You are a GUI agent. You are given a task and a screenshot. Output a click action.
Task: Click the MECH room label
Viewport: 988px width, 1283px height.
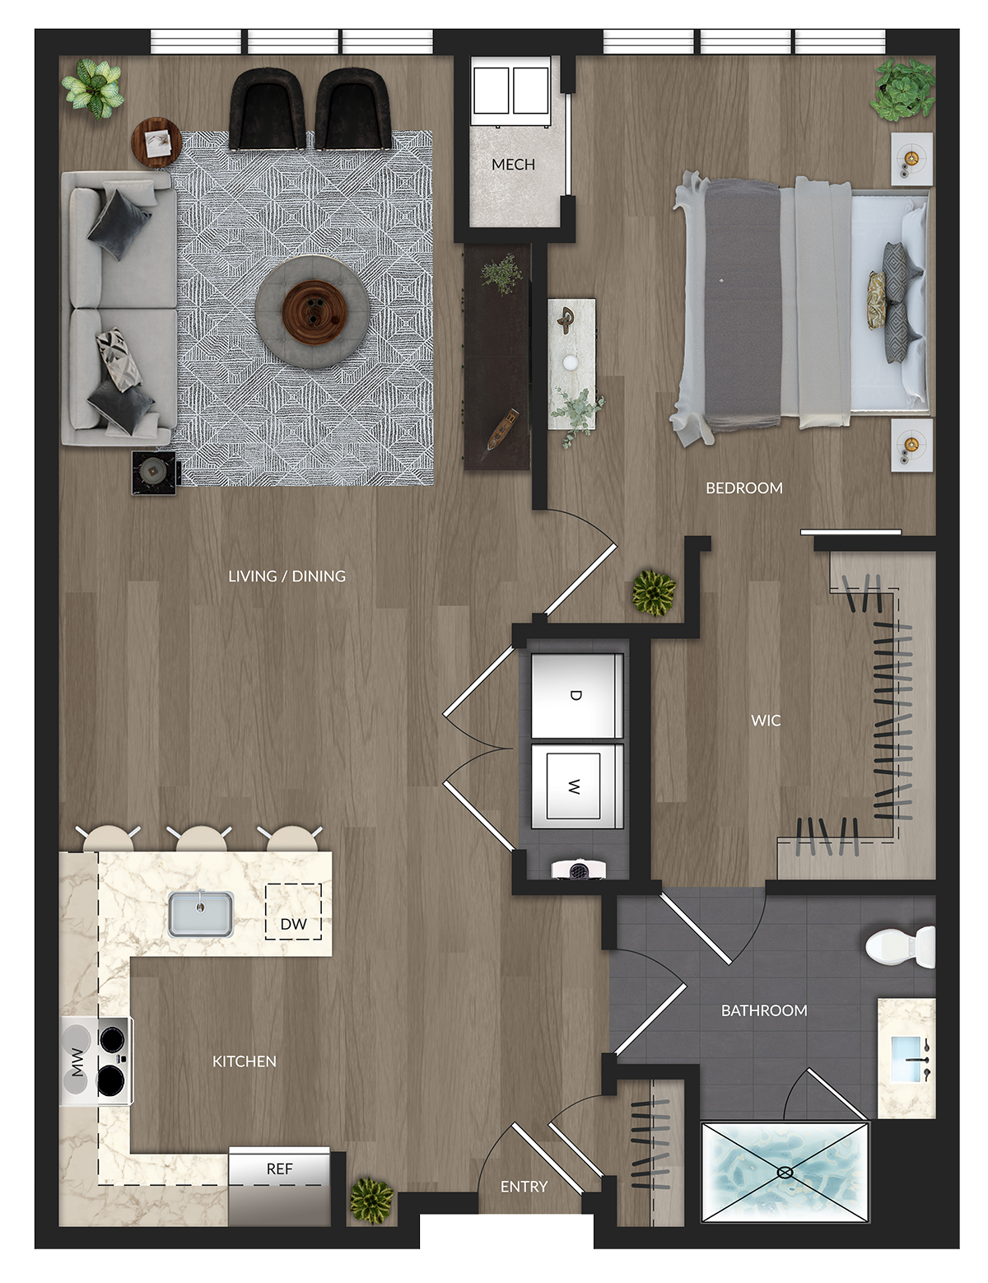point(513,164)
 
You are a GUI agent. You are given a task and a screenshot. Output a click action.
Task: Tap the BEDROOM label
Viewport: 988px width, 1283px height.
point(743,488)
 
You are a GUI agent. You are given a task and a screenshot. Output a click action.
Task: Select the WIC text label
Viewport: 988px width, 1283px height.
point(766,721)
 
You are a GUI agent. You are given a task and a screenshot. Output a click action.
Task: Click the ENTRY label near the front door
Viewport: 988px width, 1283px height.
point(524,1187)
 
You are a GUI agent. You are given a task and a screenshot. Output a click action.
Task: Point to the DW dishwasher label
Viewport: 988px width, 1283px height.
point(293,924)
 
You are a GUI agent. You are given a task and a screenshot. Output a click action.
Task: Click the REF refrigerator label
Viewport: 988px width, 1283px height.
point(279,1169)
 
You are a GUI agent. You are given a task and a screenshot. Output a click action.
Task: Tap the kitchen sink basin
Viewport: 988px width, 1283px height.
point(201,914)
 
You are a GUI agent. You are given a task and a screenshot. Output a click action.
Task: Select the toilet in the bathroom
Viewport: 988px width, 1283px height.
point(899,947)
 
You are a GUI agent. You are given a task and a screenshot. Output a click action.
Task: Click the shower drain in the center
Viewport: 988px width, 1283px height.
point(785,1172)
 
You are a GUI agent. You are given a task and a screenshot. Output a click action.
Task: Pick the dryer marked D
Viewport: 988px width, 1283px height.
point(576,695)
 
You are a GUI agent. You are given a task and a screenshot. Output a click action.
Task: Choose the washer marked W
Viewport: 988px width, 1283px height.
point(576,786)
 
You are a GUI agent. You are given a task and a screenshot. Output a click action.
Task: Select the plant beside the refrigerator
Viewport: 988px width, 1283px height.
point(371,1201)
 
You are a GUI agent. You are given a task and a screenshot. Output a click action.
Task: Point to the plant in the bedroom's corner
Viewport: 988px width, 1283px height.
point(902,89)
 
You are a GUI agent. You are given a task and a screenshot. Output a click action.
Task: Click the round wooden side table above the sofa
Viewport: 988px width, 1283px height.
point(156,143)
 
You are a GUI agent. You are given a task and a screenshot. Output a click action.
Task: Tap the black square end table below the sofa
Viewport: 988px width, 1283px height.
point(153,473)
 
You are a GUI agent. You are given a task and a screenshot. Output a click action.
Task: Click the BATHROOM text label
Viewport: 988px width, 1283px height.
point(764,1010)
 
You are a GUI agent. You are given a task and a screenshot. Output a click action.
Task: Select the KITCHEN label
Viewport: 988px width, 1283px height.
point(244,1061)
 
